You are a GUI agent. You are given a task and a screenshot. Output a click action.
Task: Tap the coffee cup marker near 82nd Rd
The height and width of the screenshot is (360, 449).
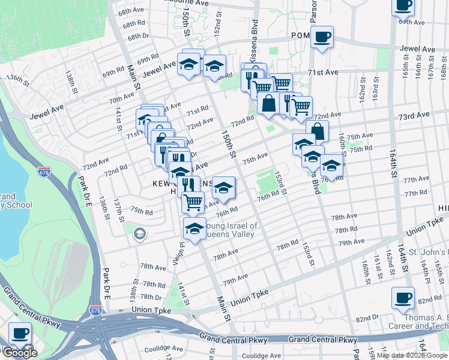coord(403,298)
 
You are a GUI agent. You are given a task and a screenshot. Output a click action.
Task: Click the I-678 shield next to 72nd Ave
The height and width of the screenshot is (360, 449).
coord(44,171)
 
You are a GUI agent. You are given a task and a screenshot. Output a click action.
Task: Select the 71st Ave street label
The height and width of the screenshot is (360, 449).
coord(324,72)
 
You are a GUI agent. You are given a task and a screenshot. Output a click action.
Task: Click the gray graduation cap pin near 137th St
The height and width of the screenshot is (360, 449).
coord(140,233)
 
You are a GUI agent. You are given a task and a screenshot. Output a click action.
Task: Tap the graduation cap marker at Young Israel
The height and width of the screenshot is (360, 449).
coord(194,229)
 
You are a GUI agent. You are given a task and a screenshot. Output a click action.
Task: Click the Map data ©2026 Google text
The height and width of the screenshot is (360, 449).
coord(412,355)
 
